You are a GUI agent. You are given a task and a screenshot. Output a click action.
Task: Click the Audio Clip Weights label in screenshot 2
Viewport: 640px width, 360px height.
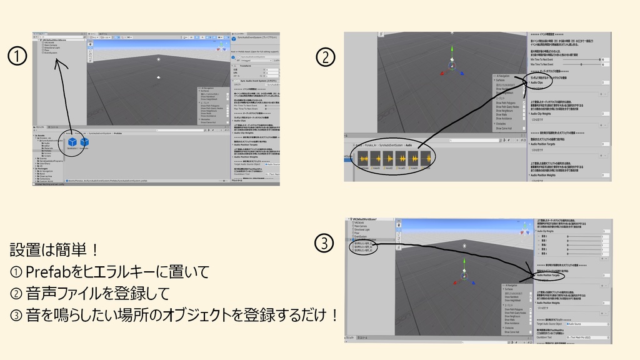(541, 114)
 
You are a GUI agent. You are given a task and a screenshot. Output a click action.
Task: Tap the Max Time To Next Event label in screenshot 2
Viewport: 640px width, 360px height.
(544, 64)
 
